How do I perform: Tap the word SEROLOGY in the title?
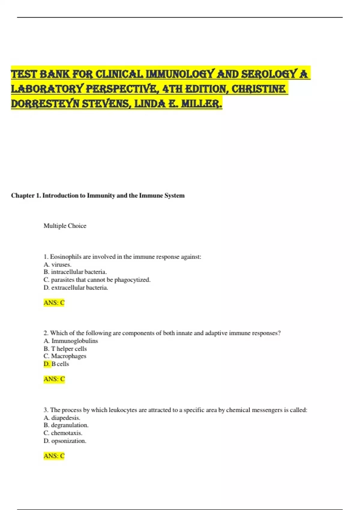[269, 74]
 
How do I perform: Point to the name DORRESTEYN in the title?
[45, 104]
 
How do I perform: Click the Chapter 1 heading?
[98, 196]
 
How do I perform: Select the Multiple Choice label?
[65, 226]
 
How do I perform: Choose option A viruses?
[58, 265]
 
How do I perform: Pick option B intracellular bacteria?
[75, 272]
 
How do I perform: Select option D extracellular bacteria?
[76, 288]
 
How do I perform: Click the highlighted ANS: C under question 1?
[54, 303]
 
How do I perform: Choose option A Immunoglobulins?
[71, 341]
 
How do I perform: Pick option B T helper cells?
[65, 349]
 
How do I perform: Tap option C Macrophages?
[65, 356]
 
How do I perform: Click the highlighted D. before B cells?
[47, 364]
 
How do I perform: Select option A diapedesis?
[62, 418]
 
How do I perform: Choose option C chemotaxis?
[63, 433]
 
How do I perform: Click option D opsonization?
[65, 441]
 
